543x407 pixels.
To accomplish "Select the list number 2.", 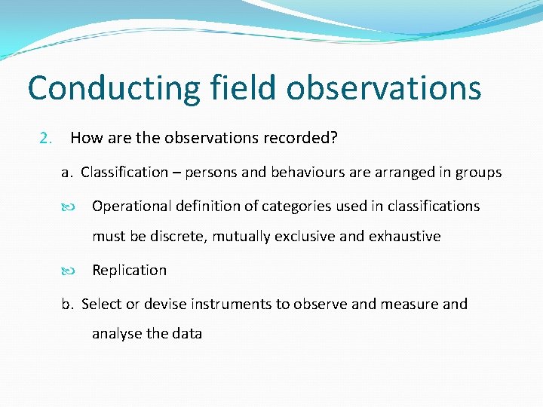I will pyautogui.click(x=45, y=138).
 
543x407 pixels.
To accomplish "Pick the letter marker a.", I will pyautogui.click(x=66, y=173).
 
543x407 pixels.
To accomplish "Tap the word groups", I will pyautogui.click(x=478, y=173).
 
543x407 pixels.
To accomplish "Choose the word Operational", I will pyautogui.click(x=131, y=206).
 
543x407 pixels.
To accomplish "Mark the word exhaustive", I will pyautogui.click(x=404, y=237).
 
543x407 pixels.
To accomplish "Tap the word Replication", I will pyautogui.click(x=129, y=270).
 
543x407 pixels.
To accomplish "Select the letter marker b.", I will pyautogui.click(x=67, y=304).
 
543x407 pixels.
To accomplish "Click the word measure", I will pyautogui.click(x=406, y=304).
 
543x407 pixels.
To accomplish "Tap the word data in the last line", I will pyautogui.click(x=187, y=333).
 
